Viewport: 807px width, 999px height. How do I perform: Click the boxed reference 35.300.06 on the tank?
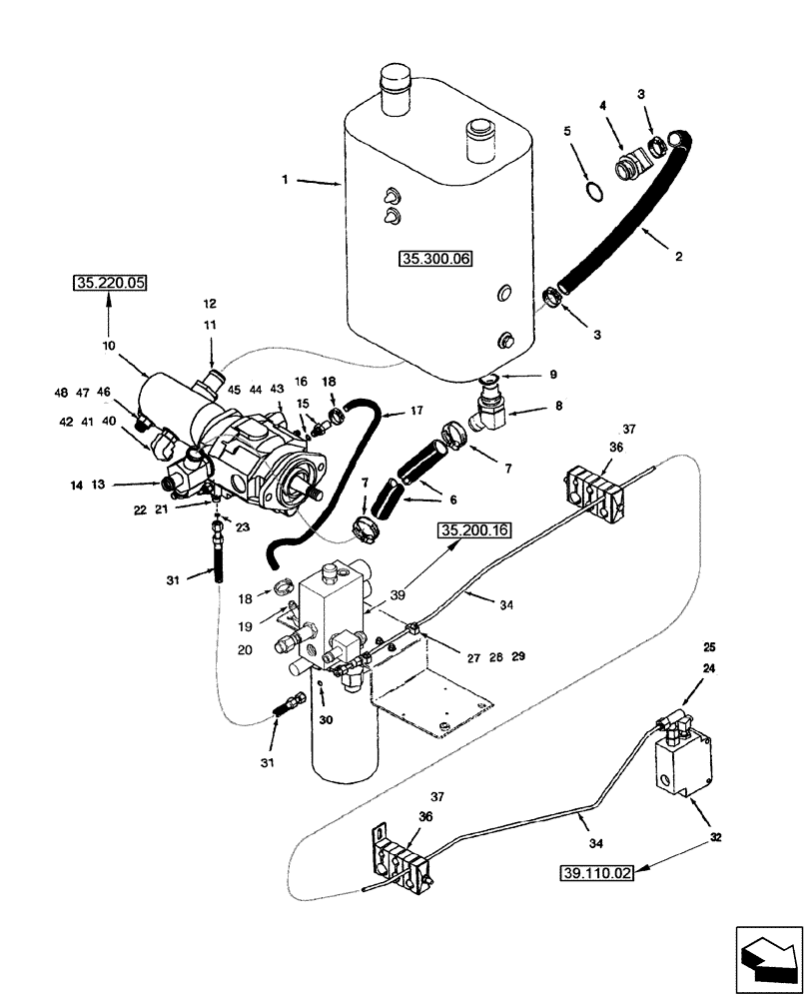pos(435,259)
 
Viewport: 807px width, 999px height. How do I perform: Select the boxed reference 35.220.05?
pos(109,284)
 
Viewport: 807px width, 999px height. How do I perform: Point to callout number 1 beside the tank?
pos(285,180)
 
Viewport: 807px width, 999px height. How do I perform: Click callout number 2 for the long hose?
pos(678,256)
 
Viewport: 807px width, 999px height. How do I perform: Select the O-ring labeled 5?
pos(592,191)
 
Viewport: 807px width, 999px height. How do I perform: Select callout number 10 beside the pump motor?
pos(108,345)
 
